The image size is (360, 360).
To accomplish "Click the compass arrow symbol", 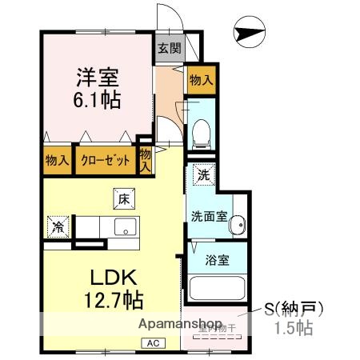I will click(246, 34).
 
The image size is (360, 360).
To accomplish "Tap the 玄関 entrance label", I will click(169, 48).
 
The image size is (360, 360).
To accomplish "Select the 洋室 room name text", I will click(98, 78).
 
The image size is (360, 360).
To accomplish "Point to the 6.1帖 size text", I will click(98, 100).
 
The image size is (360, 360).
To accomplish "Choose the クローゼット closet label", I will click(105, 160).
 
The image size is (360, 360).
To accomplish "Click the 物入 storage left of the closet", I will click(56, 160).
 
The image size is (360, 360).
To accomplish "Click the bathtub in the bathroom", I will click(217, 287).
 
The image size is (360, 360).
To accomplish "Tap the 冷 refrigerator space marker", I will click(59, 226).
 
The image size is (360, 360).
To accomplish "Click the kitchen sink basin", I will click(125, 226).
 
